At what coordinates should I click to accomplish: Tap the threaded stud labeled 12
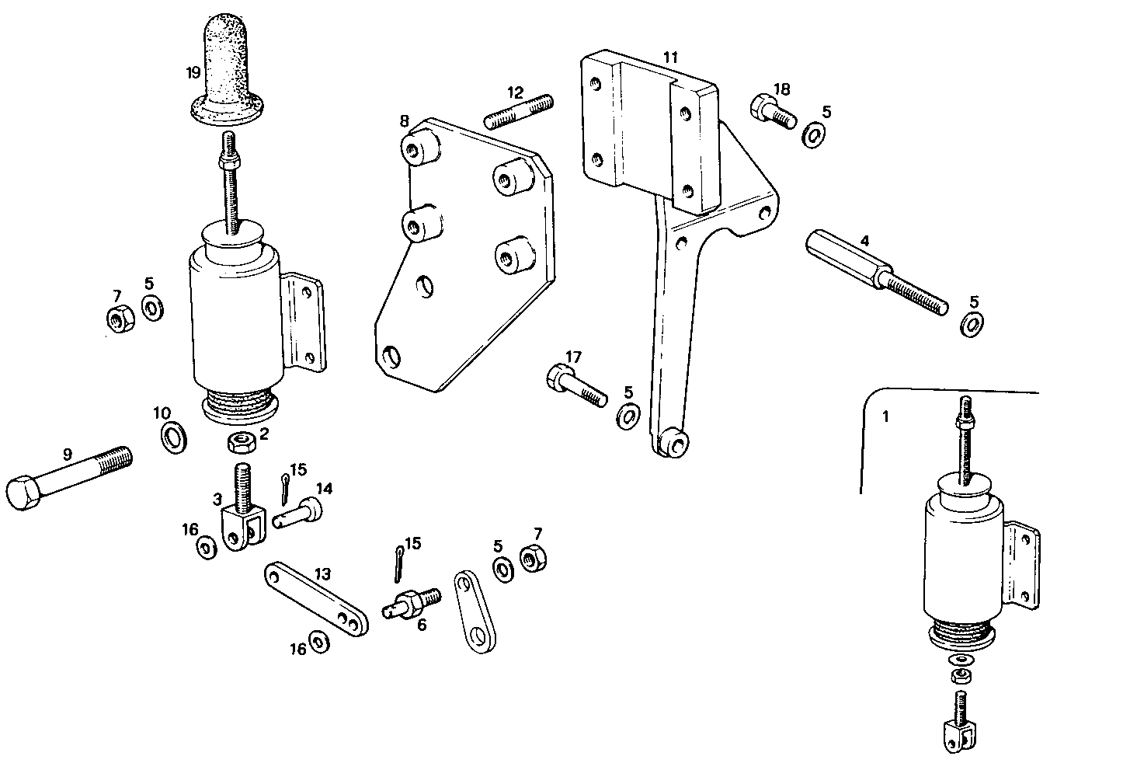pos(519,110)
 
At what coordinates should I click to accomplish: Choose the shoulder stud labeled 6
pos(412,603)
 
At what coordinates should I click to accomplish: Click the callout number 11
pos(670,57)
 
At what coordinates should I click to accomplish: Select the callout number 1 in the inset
pos(885,416)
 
